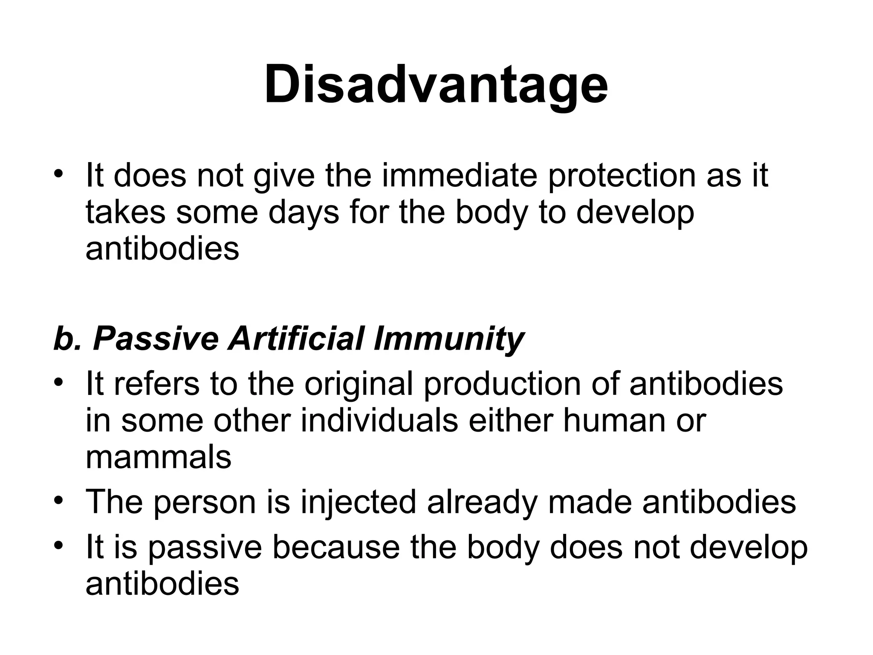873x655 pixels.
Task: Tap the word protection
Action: [622, 176]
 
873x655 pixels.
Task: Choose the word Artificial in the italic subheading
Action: [296, 339]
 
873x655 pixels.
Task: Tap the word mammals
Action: [159, 457]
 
